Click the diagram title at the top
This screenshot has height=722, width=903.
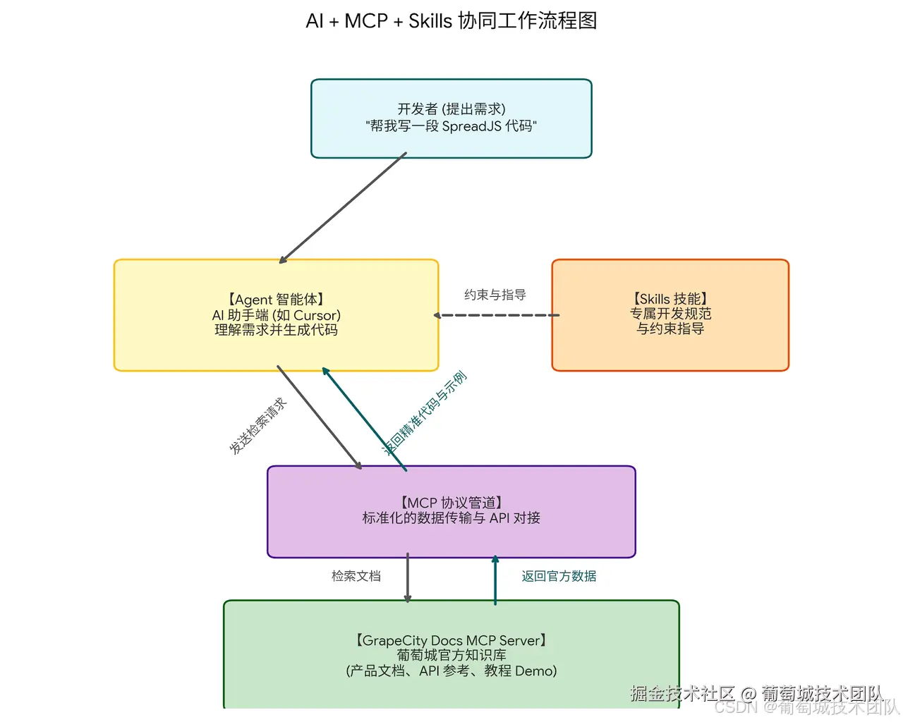451,21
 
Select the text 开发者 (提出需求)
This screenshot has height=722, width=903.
451,109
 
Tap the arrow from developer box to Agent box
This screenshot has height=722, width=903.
344,208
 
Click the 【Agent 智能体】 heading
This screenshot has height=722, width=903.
276,300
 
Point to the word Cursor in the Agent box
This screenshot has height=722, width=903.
315,315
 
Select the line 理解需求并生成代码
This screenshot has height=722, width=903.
276,330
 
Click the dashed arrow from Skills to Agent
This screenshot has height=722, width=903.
497,315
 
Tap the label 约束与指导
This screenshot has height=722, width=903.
495,295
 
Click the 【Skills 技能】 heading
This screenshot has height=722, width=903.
670,299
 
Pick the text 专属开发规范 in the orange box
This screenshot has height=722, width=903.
670,314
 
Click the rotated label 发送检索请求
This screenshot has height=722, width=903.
258,426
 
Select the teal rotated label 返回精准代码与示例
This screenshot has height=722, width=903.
425,413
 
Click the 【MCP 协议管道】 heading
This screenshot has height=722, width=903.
451,503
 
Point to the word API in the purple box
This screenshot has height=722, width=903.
499,518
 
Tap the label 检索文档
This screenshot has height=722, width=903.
356,576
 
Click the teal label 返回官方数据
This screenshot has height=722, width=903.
559,576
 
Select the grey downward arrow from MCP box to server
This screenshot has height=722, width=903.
408,578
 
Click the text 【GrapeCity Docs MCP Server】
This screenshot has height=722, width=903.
451,641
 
